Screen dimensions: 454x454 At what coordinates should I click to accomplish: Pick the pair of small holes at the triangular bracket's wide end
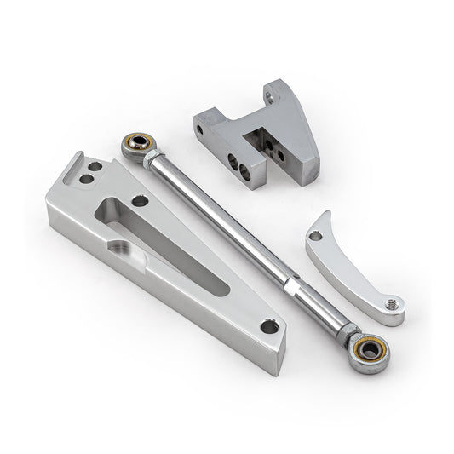87,180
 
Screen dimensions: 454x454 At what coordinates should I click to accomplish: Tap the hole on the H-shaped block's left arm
200,130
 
